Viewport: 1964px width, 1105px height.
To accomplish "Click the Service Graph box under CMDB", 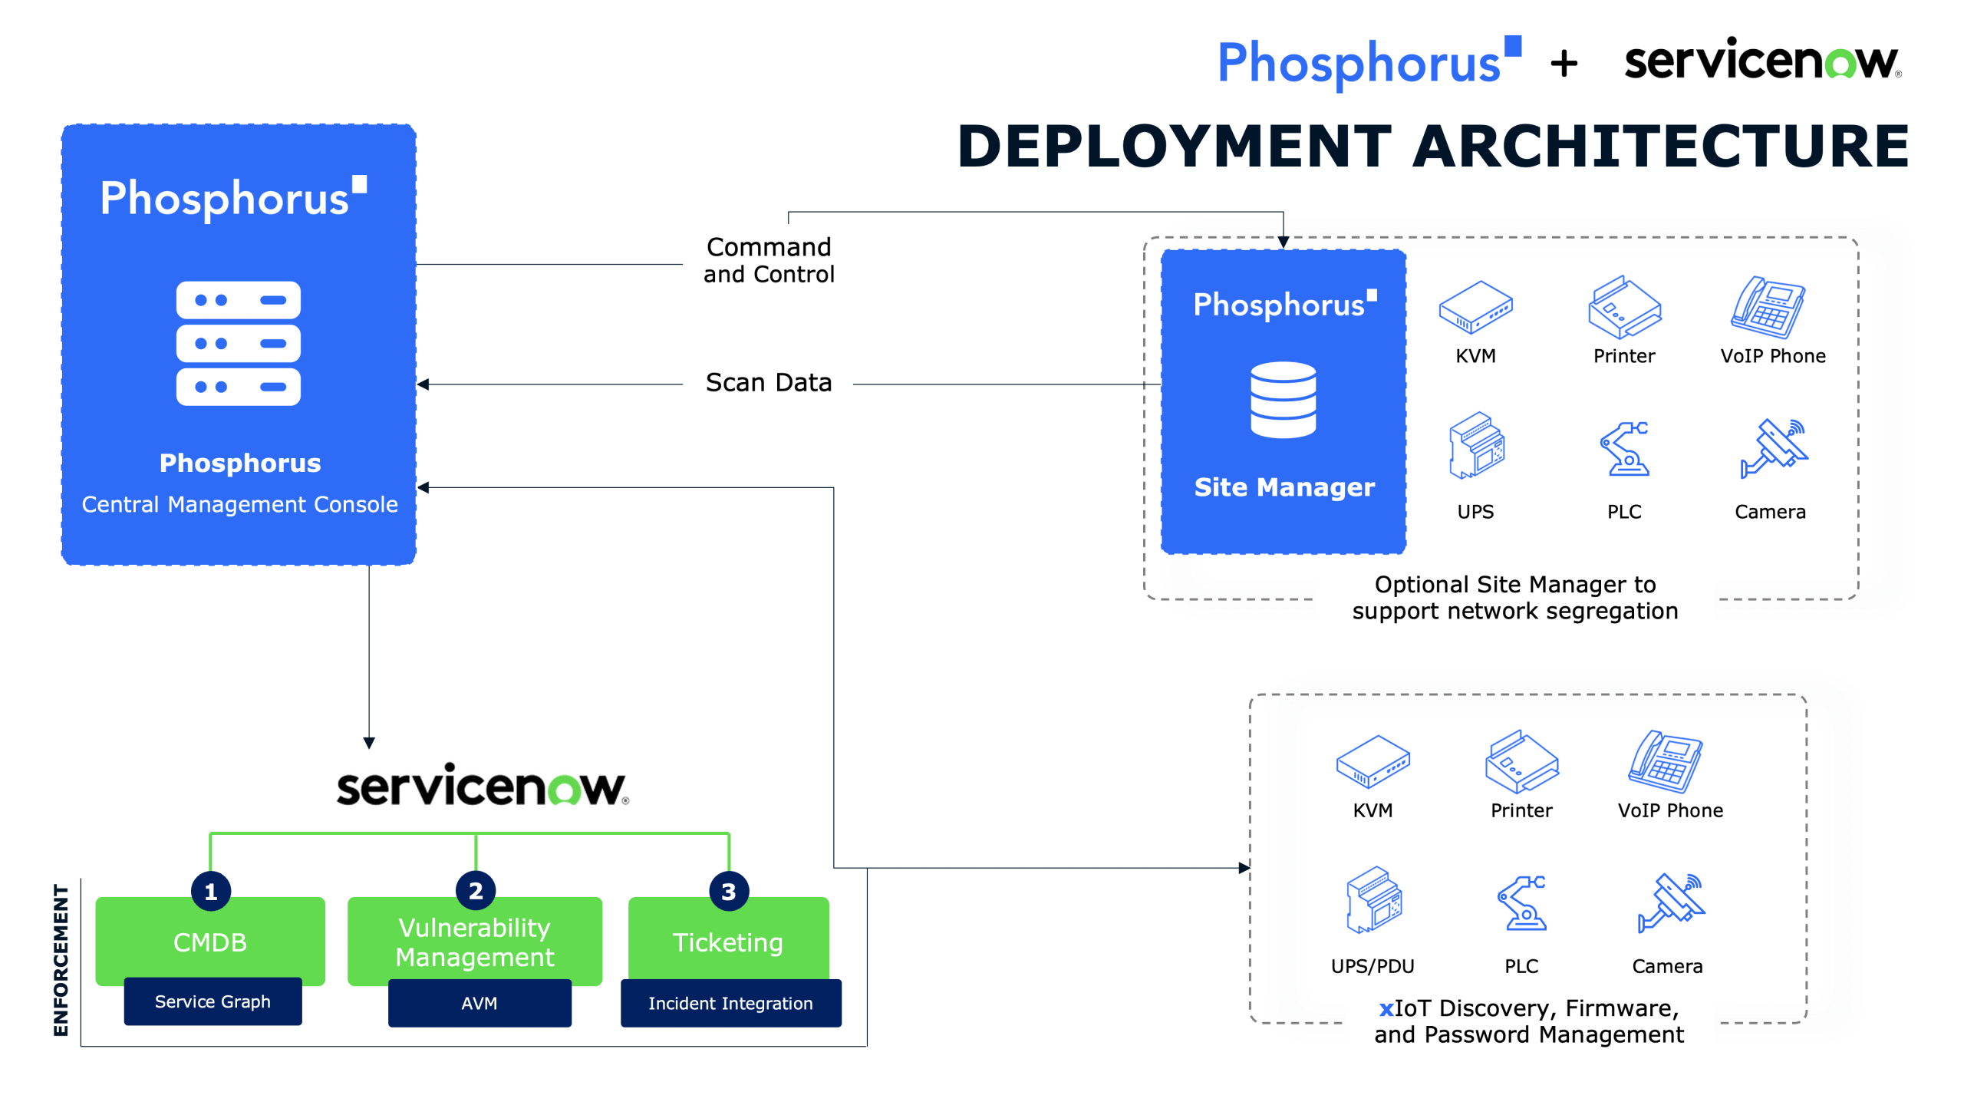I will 213,1001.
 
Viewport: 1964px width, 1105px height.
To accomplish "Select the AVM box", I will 479,1003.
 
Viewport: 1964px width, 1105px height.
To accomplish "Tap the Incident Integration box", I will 730,1003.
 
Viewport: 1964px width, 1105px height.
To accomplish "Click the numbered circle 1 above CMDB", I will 211,891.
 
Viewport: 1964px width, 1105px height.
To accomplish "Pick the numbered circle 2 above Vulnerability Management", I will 476,891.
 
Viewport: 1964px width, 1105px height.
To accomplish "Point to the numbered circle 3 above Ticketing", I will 728,891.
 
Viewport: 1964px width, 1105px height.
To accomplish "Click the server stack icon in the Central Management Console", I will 239,343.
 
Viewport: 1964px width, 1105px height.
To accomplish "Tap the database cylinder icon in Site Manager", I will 1283,400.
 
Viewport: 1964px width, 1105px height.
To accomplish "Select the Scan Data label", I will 769,382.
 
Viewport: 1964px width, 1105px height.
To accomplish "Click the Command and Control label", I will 769,260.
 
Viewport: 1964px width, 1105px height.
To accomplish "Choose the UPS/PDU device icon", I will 1373,899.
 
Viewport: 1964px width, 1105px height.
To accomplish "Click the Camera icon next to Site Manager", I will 1774,448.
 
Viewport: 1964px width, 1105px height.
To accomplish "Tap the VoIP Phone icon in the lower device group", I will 1666,761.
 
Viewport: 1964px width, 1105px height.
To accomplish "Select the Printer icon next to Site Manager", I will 1624,307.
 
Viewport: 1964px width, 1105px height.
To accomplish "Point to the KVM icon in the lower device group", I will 1372,761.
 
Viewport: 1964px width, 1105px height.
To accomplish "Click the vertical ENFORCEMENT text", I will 61,960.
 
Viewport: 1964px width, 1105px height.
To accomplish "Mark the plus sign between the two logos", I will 1564,64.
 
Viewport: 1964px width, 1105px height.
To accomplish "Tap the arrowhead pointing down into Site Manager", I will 1283,242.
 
